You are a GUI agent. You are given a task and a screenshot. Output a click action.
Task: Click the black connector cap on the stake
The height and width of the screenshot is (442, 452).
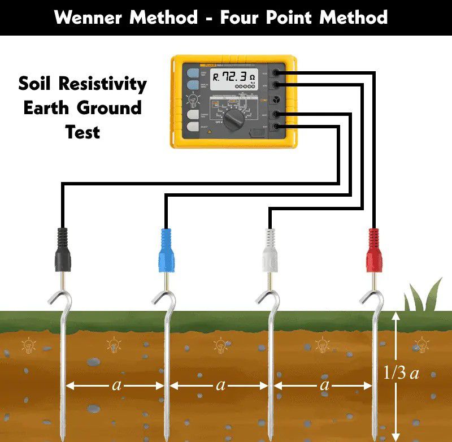click(x=62, y=250)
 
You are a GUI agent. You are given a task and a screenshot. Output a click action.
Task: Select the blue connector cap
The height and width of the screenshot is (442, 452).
click(x=167, y=250)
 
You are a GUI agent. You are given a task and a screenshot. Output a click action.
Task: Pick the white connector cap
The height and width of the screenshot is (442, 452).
click(x=271, y=250)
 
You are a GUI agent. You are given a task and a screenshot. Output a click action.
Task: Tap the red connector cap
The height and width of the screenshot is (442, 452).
click(x=374, y=250)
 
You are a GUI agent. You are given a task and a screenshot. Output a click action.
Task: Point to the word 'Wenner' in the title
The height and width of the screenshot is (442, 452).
click(x=90, y=17)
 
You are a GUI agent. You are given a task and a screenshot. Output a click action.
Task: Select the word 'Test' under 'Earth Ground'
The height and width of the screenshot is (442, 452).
click(x=82, y=132)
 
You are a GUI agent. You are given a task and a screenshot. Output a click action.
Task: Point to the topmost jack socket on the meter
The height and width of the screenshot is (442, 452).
click(x=277, y=72)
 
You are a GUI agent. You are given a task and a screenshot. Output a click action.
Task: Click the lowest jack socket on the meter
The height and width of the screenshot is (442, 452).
click(x=277, y=126)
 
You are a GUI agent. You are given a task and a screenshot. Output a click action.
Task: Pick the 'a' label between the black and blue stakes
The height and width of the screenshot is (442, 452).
click(x=116, y=385)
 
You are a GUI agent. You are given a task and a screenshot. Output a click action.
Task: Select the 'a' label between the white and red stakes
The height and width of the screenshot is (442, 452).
click(x=324, y=385)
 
